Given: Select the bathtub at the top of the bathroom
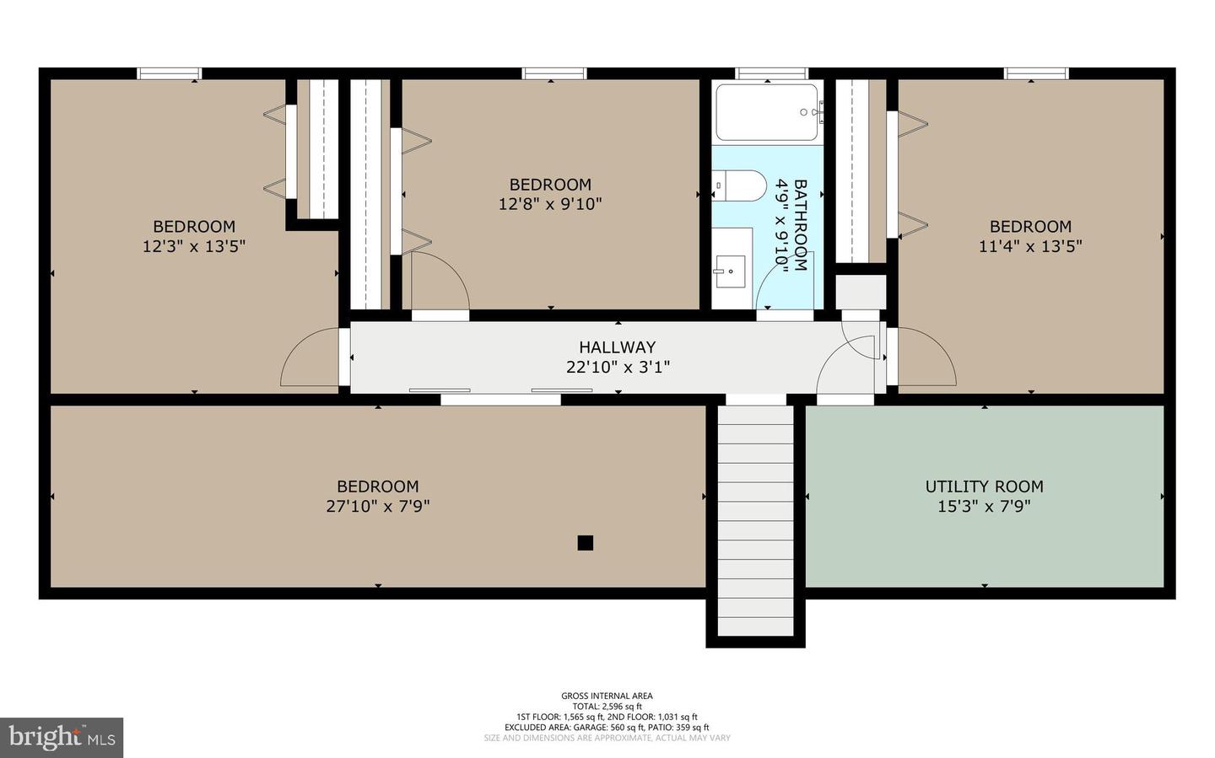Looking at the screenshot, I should click(767, 113).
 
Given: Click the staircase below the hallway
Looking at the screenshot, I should click(755, 519).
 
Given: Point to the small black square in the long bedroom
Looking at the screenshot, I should click(585, 543).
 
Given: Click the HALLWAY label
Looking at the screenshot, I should click(617, 347).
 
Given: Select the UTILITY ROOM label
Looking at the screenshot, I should click(984, 487).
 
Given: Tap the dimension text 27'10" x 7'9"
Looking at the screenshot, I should click(377, 506).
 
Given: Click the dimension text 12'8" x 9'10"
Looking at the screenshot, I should click(550, 204).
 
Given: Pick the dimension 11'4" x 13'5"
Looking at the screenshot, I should click(1030, 246).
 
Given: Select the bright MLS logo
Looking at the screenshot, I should click(62, 738).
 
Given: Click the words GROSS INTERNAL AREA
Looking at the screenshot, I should click(607, 696).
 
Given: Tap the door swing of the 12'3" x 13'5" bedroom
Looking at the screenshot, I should click(308, 359).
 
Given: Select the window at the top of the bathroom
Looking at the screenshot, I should click(771, 73).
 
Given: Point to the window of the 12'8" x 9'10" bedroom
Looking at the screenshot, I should click(553, 73).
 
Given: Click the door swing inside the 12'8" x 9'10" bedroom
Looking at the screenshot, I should click(437, 282).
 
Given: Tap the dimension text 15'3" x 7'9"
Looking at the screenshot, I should click(984, 506).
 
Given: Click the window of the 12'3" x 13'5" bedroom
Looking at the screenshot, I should click(170, 73).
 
